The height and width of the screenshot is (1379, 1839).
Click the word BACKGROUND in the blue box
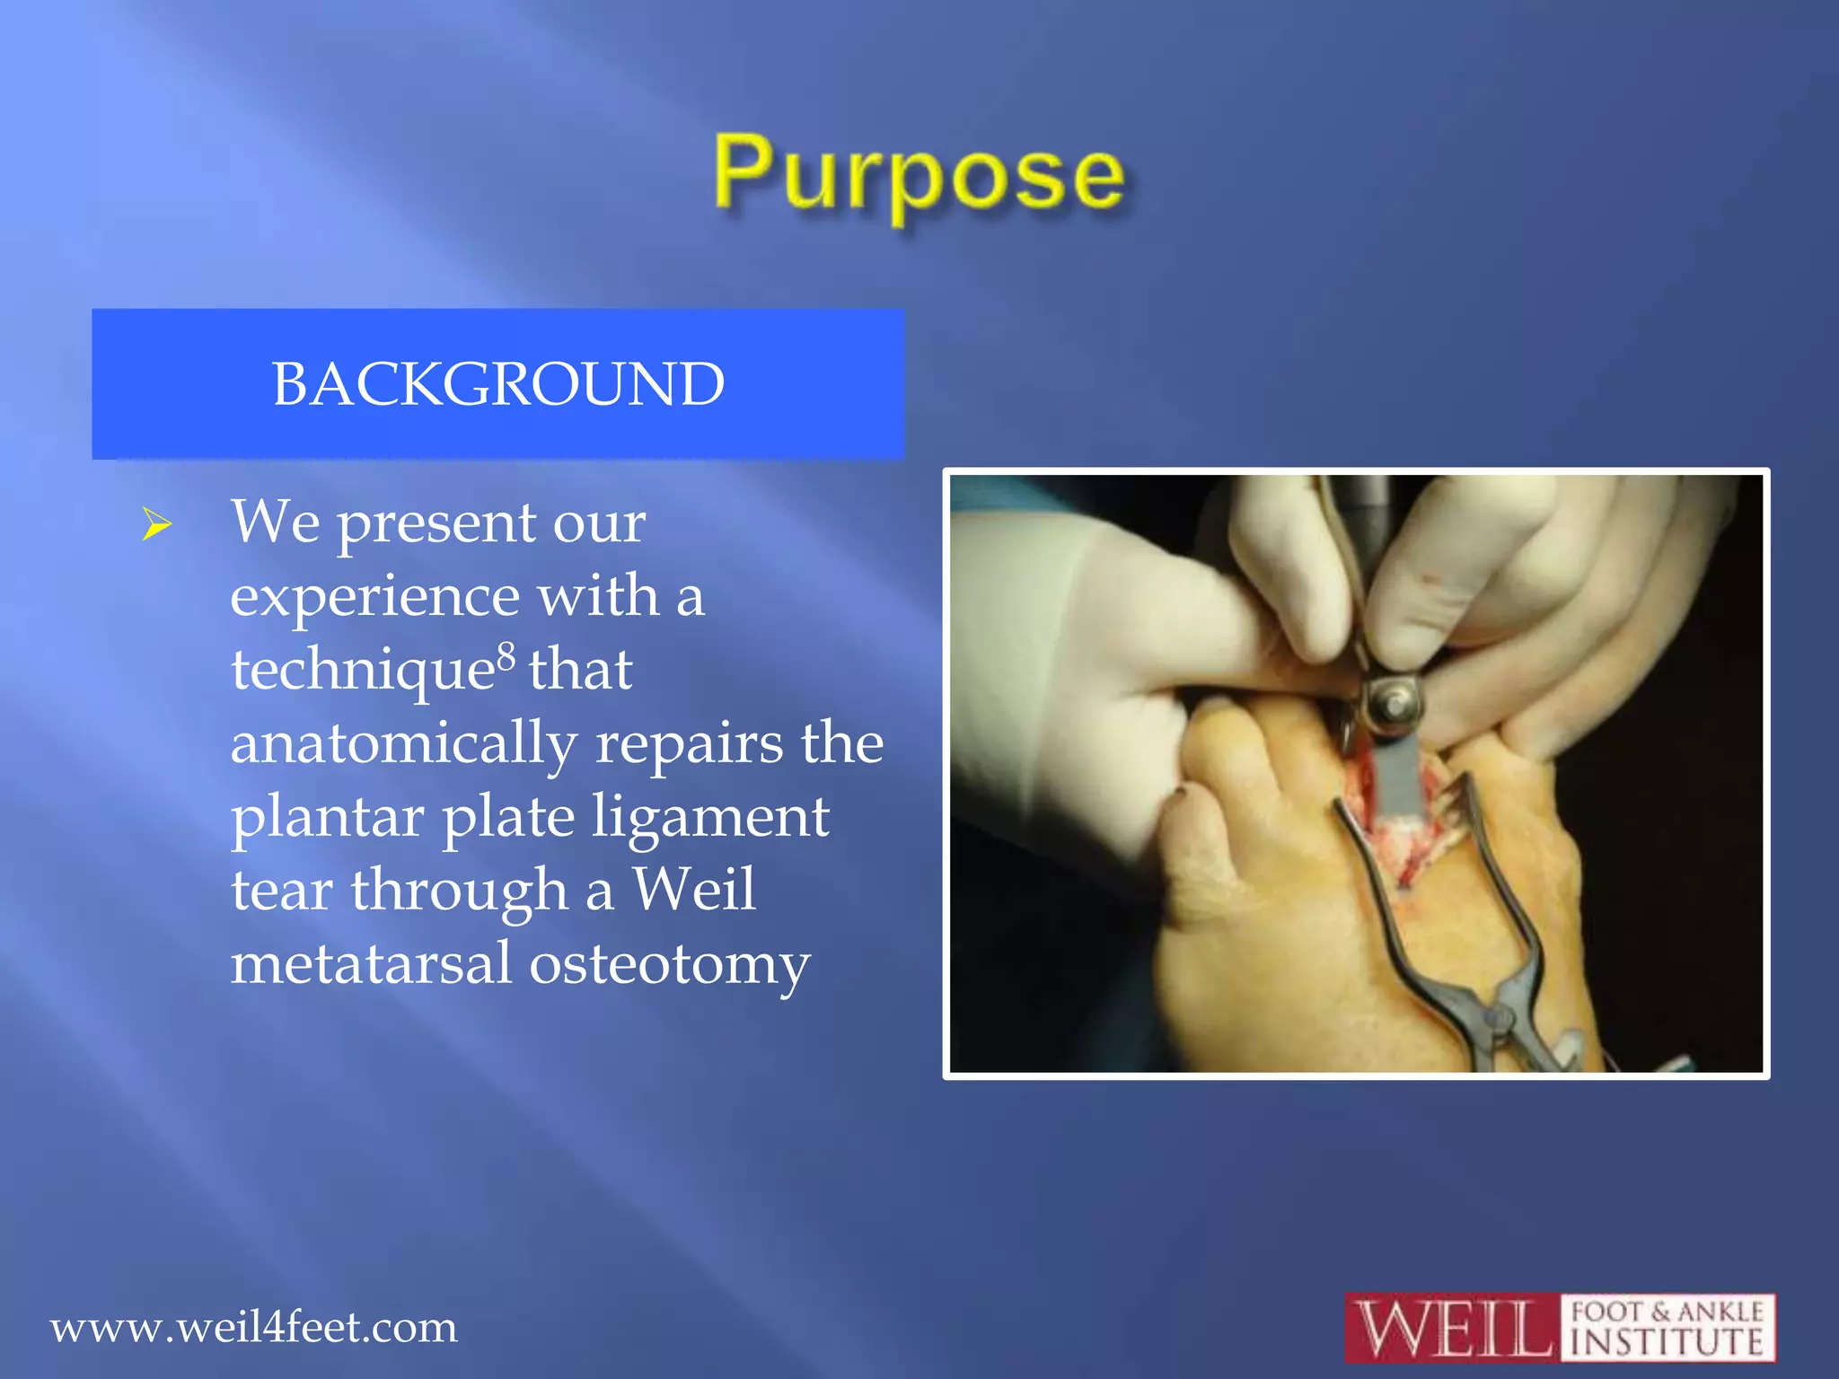[x=498, y=384]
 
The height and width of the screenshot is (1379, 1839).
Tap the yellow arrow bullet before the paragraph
[x=156, y=524]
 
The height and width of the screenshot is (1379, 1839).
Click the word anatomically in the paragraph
[x=403, y=743]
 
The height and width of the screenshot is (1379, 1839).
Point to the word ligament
[x=709, y=817]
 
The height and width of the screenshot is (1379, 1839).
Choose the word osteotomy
[x=669, y=964]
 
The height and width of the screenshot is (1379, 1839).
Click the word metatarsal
[x=371, y=964]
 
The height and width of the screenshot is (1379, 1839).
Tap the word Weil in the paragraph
[x=694, y=890]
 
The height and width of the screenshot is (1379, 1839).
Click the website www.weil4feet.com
[x=253, y=1327]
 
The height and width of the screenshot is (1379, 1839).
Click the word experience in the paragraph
[x=374, y=596]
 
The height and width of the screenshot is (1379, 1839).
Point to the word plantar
[x=327, y=817]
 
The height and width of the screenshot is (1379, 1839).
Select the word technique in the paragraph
[x=363, y=671]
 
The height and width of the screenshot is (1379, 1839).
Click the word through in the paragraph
[x=459, y=890]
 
